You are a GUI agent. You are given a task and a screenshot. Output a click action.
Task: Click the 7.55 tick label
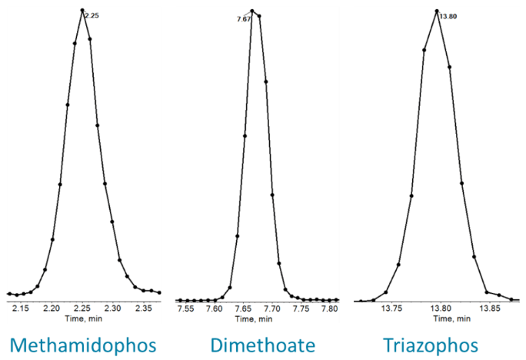click(185, 308)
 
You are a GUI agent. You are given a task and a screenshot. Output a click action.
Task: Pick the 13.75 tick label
click(392, 308)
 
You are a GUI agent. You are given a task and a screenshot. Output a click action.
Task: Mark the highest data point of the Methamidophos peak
click(82, 11)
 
